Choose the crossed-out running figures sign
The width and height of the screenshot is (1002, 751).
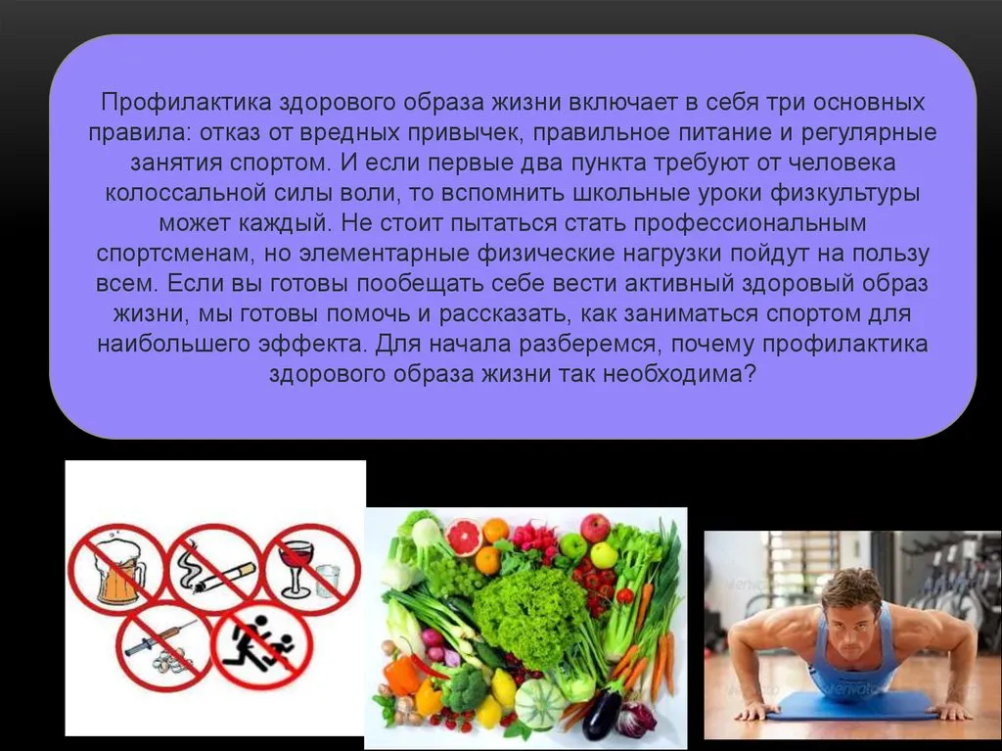(x=262, y=645)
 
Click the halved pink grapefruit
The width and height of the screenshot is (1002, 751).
(x=464, y=538)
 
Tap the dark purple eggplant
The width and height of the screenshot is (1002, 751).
(x=602, y=711)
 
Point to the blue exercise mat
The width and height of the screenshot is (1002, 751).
(x=855, y=705)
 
